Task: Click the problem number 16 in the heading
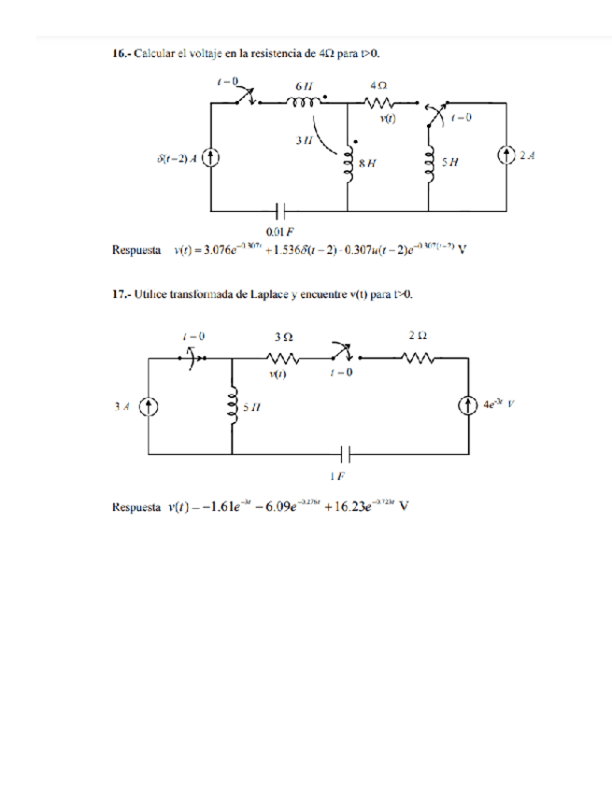(x=120, y=55)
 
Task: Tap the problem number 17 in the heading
(x=120, y=295)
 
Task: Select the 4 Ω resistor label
(x=380, y=85)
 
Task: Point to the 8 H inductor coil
(x=349, y=158)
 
